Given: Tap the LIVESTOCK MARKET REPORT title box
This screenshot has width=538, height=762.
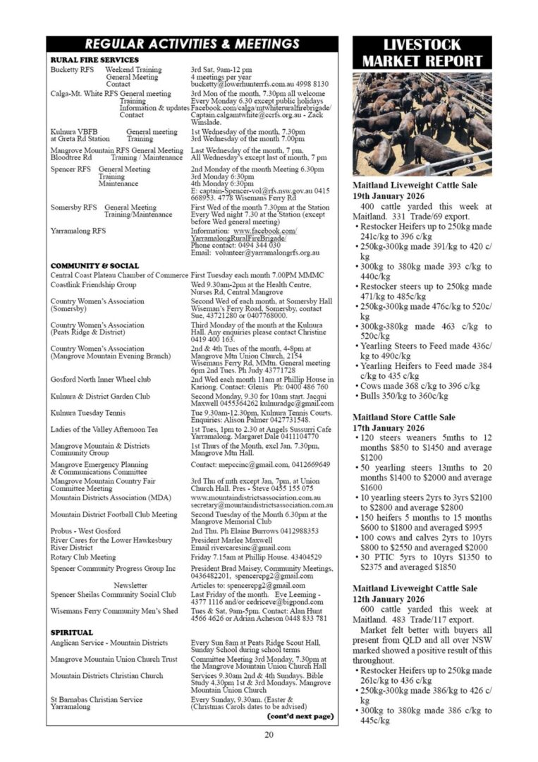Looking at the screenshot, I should click(422, 53).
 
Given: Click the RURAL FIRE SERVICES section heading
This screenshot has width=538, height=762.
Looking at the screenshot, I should click(94, 60).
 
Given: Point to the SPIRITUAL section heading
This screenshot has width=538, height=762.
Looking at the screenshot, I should click(72, 633).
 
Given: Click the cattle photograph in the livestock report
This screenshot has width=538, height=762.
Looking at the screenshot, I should click(422, 123).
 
